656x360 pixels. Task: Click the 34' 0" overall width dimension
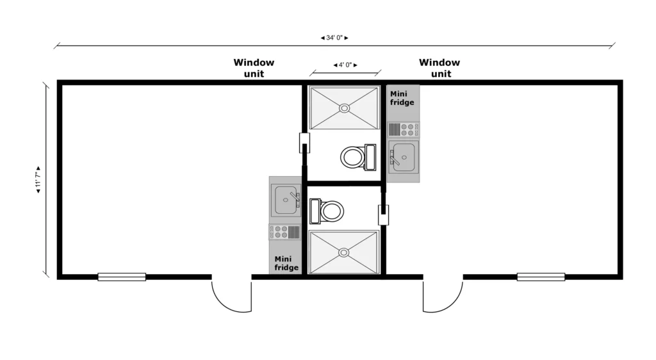pyautogui.click(x=334, y=38)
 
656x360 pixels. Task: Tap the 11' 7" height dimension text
pyautogui.click(x=38, y=180)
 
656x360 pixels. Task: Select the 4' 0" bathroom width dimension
pyautogui.click(x=345, y=65)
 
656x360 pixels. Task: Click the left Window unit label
pyautogui.click(x=254, y=68)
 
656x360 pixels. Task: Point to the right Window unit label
pyautogui.click(x=439, y=68)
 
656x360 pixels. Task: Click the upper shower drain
pyautogui.click(x=345, y=108)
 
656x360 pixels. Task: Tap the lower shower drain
pyautogui.click(x=345, y=252)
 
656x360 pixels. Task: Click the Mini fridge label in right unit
pyautogui.click(x=402, y=98)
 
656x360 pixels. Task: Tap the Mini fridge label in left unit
pyautogui.click(x=286, y=263)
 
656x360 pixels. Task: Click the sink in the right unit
pyautogui.click(x=404, y=157)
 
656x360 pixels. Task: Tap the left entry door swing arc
pyautogui.click(x=231, y=296)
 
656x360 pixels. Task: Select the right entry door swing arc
pyautogui.click(x=443, y=296)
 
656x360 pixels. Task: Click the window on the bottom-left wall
pyautogui.click(x=122, y=277)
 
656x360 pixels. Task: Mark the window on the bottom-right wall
pyautogui.click(x=541, y=277)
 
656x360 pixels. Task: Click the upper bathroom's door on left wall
pyautogui.click(x=305, y=142)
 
